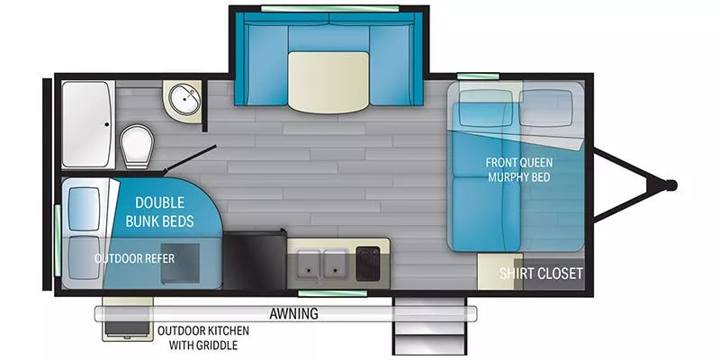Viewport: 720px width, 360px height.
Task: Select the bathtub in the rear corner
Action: click(x=85, y=103)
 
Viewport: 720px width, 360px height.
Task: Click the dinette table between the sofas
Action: click(x=328, y=80)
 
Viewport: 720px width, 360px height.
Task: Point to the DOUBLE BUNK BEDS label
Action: click(x=161, y=212)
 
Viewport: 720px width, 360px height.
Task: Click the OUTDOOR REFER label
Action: click(x=135, y=258)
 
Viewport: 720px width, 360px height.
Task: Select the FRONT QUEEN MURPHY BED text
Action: click(x=518, y=169)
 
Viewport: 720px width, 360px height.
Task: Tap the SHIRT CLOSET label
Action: click(x=542, y=273)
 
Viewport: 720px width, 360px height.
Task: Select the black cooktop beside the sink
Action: click(x=370, y=262)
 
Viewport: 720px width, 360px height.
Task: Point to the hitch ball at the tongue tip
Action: click(x=670, y=185)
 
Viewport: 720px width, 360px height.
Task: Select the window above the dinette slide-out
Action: click(x=328, y=8)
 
